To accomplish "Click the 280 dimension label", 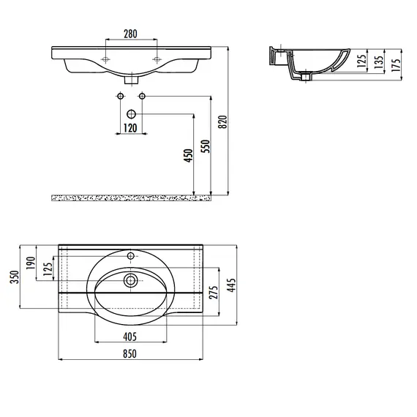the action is [x=130, y=34].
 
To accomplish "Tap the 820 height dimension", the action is [x=223, y=121].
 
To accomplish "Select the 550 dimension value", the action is [x=206, y=146].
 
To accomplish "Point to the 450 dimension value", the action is [x=188, y=156].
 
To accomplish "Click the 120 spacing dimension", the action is [x=130, y=128].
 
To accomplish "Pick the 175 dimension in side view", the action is [x=396, y=65].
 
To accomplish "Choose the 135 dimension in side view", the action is [x=379, y=61].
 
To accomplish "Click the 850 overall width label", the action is [x=129, y=353].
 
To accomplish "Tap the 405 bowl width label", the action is [x=130, y=337].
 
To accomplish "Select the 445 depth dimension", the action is [x=231, y=285].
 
